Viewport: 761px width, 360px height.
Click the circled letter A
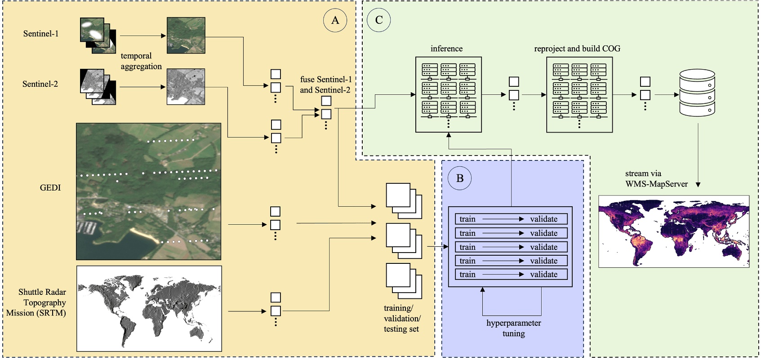335,20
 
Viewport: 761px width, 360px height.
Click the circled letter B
459,178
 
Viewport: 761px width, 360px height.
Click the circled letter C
379,20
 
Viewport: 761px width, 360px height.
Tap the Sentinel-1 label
41,34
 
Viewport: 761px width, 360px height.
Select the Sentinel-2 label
40,84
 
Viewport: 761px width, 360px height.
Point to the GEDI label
50,188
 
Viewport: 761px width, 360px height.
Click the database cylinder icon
697,93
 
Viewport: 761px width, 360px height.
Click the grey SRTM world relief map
149,308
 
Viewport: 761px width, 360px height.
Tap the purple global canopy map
673,231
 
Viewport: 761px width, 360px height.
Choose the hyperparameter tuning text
513,328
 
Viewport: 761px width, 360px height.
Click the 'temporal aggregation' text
141,61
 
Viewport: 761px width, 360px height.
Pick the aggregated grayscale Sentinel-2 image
186,87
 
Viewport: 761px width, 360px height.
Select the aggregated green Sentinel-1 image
186,36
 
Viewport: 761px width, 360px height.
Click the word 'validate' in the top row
543,219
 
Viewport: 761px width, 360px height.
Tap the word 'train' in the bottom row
467,275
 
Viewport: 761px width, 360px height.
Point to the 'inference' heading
446,49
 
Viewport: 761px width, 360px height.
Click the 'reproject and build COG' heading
577,49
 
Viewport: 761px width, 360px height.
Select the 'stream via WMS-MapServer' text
656,178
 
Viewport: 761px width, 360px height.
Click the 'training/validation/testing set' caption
402,318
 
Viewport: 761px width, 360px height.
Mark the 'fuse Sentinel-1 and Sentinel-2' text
325,84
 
